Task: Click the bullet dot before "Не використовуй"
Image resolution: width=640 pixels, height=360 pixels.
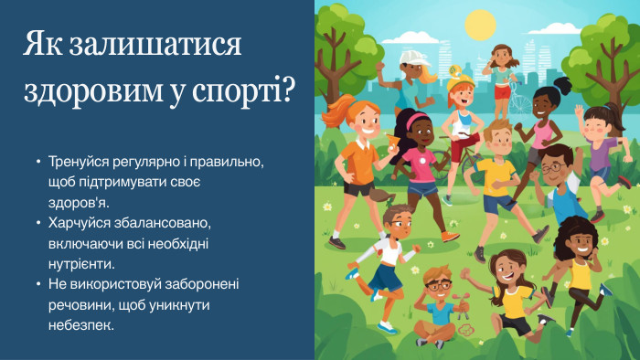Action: pyautogui.click(x=37, y=283)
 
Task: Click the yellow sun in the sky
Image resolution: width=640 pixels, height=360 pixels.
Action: pyautogui.click(x=479, y=24)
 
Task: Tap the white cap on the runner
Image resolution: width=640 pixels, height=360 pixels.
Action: pyautogui.click(x=413, y=58)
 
